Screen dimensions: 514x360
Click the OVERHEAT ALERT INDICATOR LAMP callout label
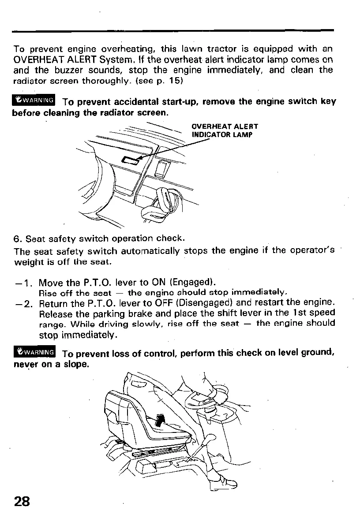click(x=225, y=130)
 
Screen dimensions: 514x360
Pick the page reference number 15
click(x=172, y=81)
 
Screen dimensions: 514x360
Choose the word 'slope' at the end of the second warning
click(x=75, y=365)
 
